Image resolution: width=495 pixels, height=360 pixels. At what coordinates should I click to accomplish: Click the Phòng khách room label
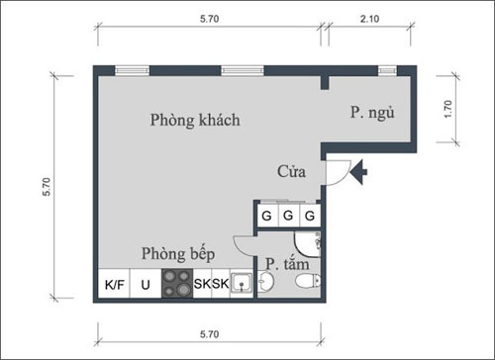point(195,120)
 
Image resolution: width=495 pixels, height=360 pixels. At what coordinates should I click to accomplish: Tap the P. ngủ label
point(372,113)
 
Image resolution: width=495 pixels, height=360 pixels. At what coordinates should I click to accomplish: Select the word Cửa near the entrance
point(291,171)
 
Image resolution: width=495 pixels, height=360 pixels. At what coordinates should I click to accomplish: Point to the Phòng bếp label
point(178,254)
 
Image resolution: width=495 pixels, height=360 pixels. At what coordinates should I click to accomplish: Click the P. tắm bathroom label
point(287,264)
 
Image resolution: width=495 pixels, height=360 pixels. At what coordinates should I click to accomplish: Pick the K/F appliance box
point(114,284)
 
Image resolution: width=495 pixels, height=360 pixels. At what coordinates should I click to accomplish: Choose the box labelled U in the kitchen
point(146,284)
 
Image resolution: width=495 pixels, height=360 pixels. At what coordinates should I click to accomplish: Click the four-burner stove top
point(177,284)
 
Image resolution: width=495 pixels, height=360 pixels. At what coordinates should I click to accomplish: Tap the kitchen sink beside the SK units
point(242,283)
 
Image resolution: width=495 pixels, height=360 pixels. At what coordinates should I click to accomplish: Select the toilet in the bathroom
point(308,281)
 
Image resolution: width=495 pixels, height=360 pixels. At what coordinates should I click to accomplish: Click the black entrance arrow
point(358,172)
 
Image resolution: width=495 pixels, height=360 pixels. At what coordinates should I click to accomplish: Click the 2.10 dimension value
point(369,19)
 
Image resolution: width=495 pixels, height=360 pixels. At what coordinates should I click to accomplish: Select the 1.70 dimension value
point(447,109)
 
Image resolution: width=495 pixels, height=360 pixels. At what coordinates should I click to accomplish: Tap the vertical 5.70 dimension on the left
point(47,187)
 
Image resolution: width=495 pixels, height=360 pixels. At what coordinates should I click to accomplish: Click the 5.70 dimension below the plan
point(209,334)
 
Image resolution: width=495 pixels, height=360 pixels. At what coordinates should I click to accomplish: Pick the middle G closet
point(288,216)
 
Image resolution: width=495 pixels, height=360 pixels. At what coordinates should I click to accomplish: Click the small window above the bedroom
point(387,70)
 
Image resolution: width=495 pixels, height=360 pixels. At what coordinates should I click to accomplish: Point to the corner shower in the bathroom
point(308,244)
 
